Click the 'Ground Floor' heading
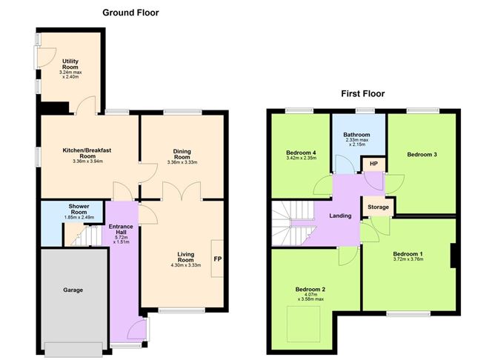coord(130,13)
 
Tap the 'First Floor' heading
coord(363,94)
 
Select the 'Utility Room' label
coord(70,64)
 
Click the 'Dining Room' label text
coord(182,155)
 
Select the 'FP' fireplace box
coord(219,259)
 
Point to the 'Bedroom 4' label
coord(301,154)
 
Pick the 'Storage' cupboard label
coord(376,208)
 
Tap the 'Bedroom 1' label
coord(408,255)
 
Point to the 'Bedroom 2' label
coord(310,290)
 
